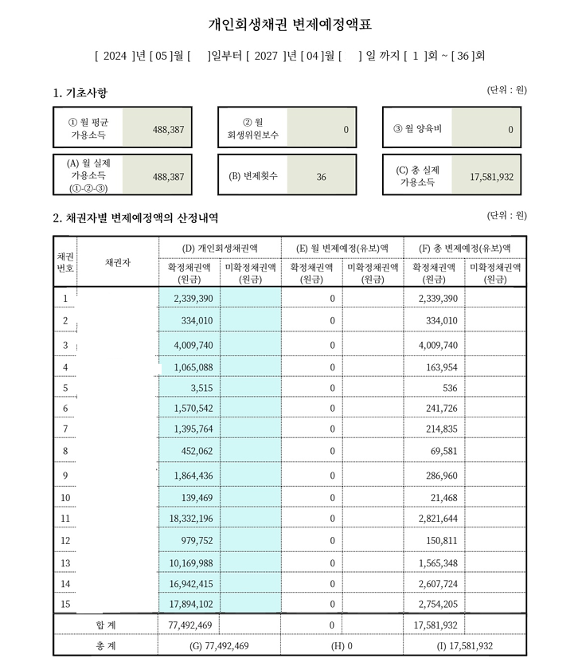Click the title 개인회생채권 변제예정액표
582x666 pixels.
290,25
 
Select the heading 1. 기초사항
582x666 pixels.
80,94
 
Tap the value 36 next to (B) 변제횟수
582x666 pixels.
321,176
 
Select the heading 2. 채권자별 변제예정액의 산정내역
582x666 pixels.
135,217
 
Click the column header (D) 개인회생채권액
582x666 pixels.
220,248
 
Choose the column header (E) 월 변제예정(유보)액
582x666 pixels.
342,248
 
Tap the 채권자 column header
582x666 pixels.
117,261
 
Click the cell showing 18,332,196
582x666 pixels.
190,519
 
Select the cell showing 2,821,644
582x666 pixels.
435,519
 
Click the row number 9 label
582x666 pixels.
64,476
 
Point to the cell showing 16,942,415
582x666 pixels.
190,584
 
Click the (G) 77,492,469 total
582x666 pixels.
220,645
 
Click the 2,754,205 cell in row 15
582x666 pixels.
435,604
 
